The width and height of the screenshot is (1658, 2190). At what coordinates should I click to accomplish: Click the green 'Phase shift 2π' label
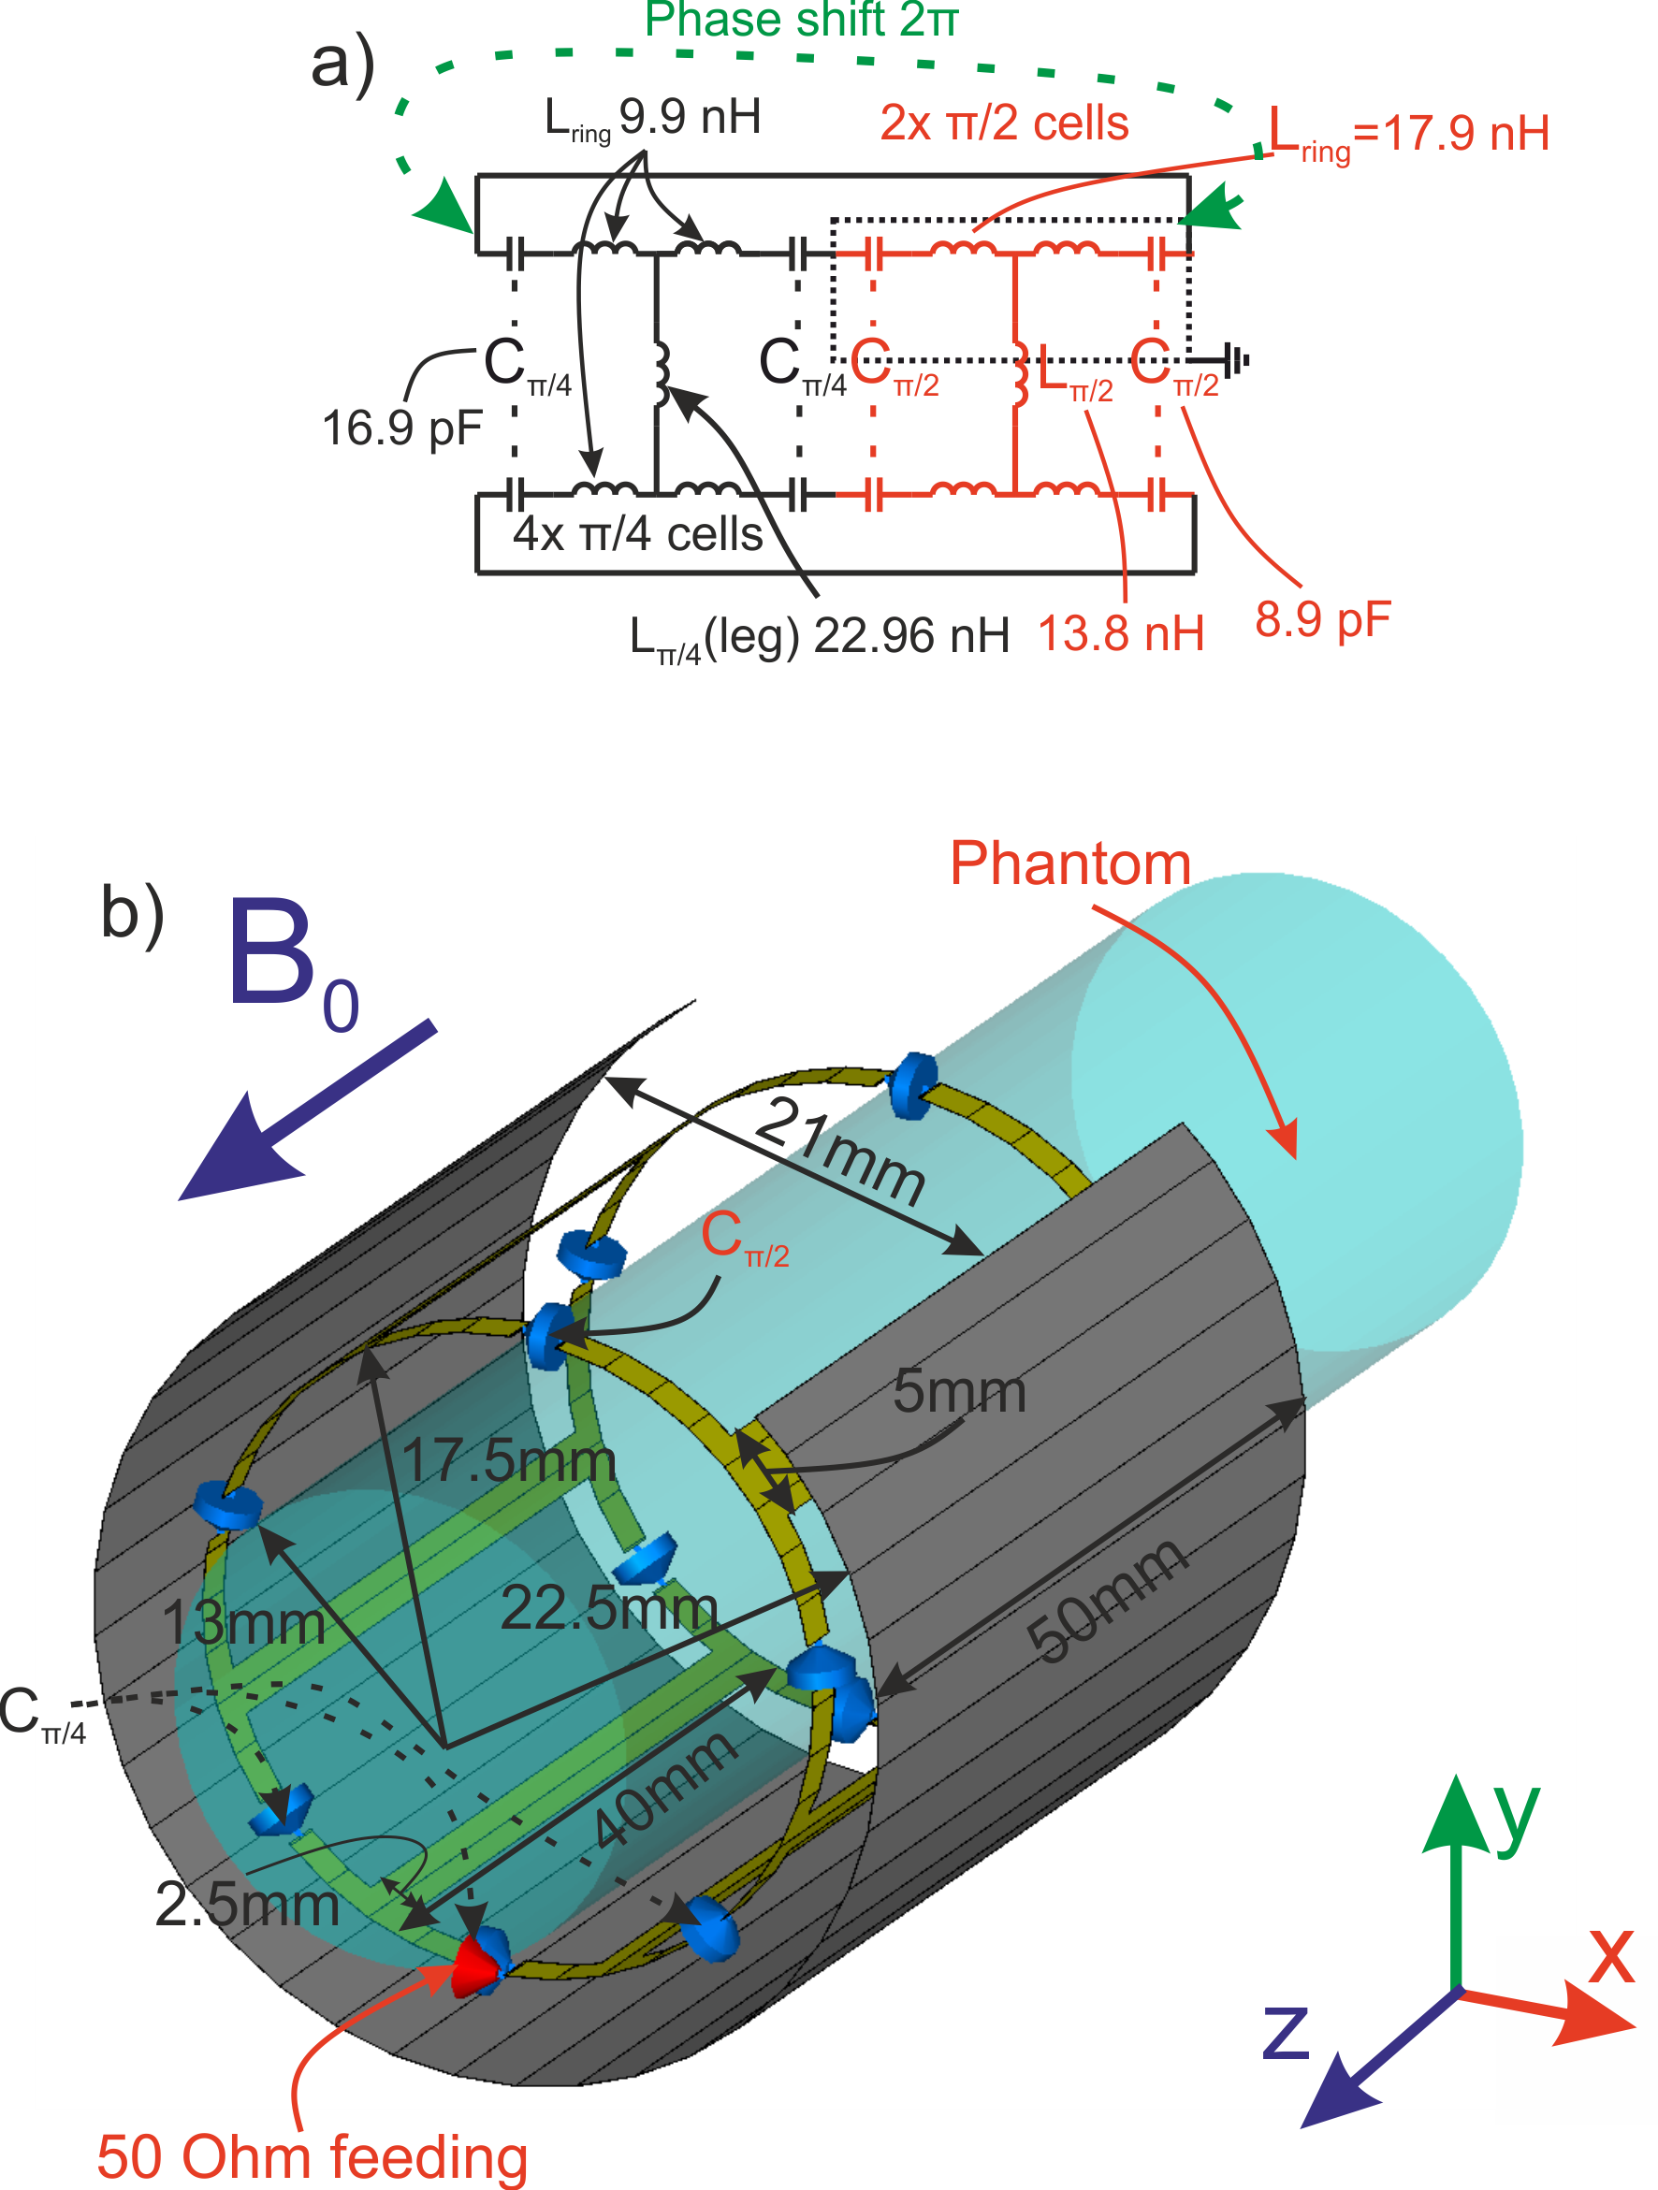pos(800,20)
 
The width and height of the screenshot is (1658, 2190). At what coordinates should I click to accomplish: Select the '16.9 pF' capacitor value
pos(401,428)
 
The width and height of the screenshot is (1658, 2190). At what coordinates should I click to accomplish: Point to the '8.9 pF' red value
pos(1322,620)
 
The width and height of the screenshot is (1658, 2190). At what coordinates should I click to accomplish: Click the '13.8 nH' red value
pos(1121,633)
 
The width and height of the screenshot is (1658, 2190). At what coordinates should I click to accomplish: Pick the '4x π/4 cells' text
pos(637,534)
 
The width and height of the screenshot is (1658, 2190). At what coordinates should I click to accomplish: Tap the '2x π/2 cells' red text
pos(1004,123)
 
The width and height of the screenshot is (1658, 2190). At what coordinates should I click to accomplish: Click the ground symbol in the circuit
pos(1235,360)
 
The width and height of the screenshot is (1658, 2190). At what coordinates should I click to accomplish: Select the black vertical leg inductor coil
pos(661,374)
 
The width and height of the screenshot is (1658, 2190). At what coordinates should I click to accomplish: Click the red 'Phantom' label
pos(1069,863)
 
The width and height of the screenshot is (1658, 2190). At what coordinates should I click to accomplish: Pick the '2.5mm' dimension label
pos(248,1904)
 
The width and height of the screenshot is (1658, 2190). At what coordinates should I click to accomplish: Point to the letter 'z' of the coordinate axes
pos(1286,2032)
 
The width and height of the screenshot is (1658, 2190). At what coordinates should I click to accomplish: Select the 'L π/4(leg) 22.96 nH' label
pos(819,636)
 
